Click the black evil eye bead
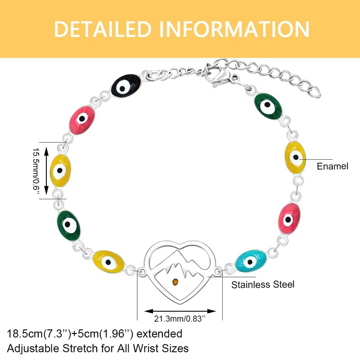click(126, 85)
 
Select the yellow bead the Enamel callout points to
click(295, 157)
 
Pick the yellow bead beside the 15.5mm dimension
click(61, 171)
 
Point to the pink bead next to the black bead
click(82, 119)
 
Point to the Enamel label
click(333, 166)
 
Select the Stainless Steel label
click(262, 284)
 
